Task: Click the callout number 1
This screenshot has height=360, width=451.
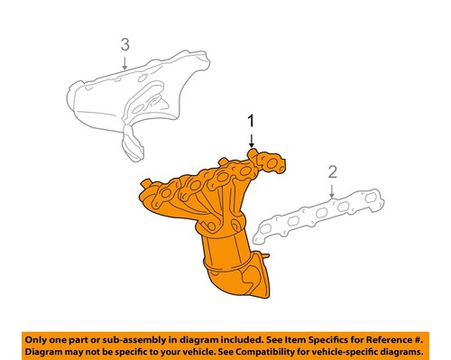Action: pos(251,119)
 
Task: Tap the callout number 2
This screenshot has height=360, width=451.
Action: pos(332,171)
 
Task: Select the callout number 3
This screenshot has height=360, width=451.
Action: pos(125,44)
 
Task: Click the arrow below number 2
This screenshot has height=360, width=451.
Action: pos(332,189)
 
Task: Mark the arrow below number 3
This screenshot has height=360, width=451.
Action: pos(125,61)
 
